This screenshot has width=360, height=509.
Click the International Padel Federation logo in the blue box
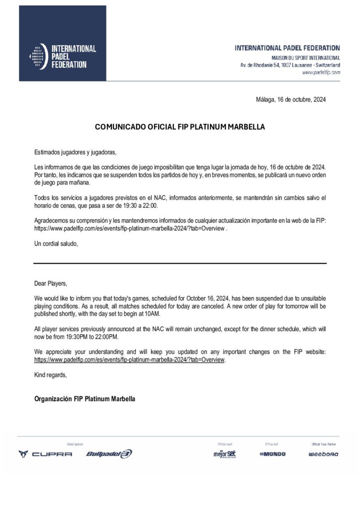pos(63,56)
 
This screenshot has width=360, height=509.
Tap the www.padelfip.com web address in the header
pos(321,73)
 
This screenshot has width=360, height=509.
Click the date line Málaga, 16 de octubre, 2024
pos(290,99)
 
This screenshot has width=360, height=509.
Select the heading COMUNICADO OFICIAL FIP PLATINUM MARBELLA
pos(180,127)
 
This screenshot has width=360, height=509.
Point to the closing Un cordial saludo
pos(56,244)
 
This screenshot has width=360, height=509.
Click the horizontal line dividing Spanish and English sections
pos(180,263)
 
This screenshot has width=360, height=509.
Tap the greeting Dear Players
pos(50,283)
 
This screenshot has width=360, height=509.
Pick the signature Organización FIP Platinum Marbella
pos(85,399)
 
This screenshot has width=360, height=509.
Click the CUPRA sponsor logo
pos(45,454)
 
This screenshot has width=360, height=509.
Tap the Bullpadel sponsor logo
pos(109,454)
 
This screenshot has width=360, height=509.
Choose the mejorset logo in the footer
pos(224,453)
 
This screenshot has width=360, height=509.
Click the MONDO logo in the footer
pos(272,454)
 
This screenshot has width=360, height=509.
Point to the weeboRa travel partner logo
pos(323,454)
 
